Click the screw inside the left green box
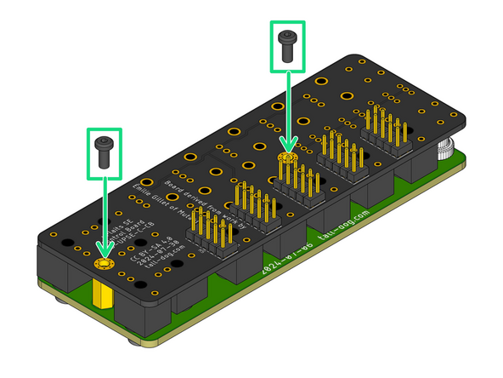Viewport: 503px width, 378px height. point(105,150)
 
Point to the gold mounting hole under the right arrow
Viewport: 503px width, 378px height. point(286,159)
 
